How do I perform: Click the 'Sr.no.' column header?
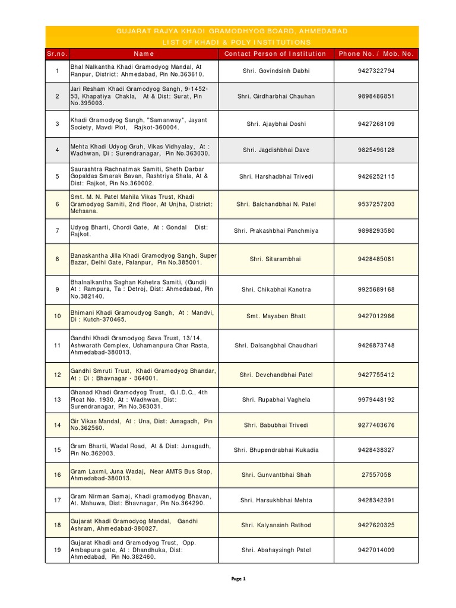point(57,54)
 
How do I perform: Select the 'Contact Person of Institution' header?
point(275,54)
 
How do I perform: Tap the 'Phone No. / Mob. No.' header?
point(376,54)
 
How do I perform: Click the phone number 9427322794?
point(376,71)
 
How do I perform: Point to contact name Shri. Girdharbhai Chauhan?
point(275,96)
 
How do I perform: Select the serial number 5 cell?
point(57,176)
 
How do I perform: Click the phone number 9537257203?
point(376,204)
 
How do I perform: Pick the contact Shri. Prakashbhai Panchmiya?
point(275,231)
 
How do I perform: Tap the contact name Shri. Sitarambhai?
point(275,259)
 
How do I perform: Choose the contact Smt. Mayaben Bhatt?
point(275,316)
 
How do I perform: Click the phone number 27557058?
point(376,475)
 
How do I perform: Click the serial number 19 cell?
point(57,550)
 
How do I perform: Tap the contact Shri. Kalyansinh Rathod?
point(275,525)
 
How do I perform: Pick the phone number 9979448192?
point(376,400)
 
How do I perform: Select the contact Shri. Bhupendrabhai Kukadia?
point(275,450)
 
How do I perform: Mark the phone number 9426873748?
point(376,346)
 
